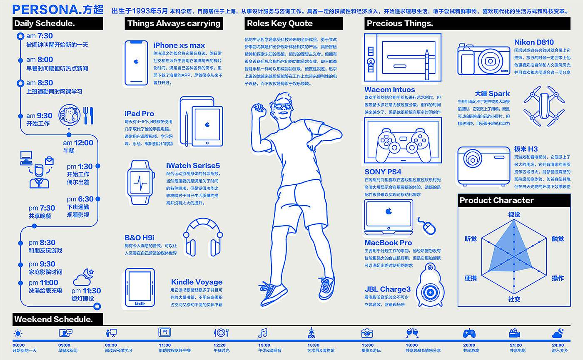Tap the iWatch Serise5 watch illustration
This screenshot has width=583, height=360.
(x=140, y=182)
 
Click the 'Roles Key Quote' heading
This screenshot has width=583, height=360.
(x=280, y=23)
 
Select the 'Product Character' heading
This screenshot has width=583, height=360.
(x=496, y=200)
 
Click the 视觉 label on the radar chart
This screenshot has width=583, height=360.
(x=514, y=214)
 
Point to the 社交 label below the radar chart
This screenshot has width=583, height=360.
(x=514, y=299)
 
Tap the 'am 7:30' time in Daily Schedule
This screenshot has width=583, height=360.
(x=40, y=36)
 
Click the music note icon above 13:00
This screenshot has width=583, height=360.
(x=263, y=333)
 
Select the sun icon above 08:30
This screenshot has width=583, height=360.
(x=18, y=333)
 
